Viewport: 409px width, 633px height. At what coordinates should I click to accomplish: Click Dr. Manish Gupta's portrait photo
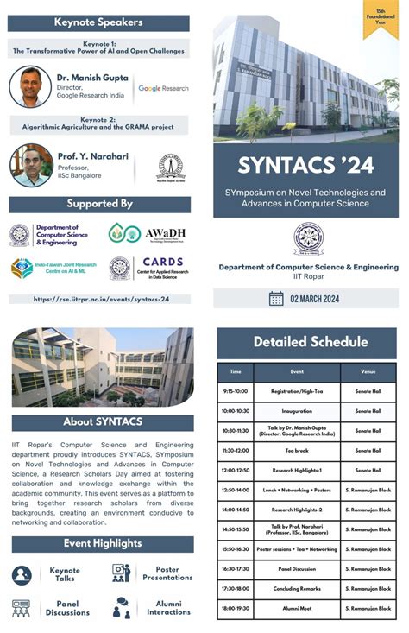[x=31, y=86]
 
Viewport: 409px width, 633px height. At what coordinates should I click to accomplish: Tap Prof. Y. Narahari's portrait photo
[x=31, y=165]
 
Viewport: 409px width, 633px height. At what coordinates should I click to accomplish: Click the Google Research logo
[x=162, y=88]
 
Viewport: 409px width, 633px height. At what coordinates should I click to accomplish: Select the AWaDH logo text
[x=164, y=233]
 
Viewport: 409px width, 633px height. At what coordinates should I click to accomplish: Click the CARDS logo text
[x=162, y=262]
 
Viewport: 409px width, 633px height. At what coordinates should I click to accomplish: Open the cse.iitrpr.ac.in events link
[x=101, y=299]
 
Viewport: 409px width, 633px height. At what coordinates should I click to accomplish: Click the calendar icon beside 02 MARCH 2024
[x=276, y=298]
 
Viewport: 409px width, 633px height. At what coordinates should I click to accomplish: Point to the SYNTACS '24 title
[x=305, y=163]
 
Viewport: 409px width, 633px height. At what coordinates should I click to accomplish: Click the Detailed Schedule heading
[x=305, y=342]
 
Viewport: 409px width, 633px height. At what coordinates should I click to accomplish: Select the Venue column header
[x=368, y=371]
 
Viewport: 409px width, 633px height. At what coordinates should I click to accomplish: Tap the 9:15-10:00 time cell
[x=235, y=390]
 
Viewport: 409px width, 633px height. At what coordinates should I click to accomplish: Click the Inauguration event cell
[x=297, y=410]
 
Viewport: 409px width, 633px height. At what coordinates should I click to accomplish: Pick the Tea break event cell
[x=297, y=450]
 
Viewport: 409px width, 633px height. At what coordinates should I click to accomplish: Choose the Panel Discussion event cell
[x=297, y=569]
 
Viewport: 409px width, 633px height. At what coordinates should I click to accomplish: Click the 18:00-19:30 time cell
[x=235, y=608]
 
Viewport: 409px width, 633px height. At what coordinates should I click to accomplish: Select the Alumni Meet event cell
[x=297, y=608]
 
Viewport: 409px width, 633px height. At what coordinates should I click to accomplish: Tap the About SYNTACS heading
[x=102, y=422]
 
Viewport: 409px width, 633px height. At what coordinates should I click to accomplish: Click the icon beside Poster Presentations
[x=121, y=573]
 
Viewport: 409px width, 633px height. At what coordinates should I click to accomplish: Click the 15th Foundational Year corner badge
[x=380, y=19]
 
